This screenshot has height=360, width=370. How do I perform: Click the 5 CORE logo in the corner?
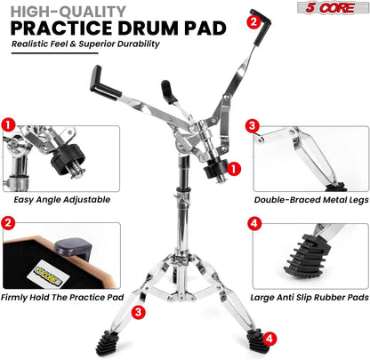pos(333,8)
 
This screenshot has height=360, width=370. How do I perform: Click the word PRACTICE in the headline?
pos(61,28)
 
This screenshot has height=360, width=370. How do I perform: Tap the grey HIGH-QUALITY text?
pos(68,12)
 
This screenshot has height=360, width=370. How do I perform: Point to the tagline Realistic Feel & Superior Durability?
pos(85,44)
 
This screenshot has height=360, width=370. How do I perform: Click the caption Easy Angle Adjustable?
pos(62,199)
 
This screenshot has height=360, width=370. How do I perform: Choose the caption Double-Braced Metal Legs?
pos(311,200)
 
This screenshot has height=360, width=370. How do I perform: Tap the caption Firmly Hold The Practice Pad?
pos(62,297)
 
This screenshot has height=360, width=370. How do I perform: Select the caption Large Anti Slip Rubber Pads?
pos(310,297)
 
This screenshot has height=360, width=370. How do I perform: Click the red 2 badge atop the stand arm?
pos(253,21)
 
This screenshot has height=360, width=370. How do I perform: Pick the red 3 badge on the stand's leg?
pos(138,312)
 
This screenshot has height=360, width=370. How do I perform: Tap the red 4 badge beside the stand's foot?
pos(269,339)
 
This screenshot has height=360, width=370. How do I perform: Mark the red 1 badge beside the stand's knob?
pos(234,169)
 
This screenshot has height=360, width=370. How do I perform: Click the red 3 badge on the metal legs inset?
pos(253,126)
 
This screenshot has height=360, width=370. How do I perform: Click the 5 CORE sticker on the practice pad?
pos(48,274)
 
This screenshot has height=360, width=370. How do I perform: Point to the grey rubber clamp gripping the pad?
pos(73,248)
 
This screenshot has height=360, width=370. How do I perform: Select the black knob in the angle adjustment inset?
pos(68,161)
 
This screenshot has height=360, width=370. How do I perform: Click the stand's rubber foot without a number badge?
pos(108,344)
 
